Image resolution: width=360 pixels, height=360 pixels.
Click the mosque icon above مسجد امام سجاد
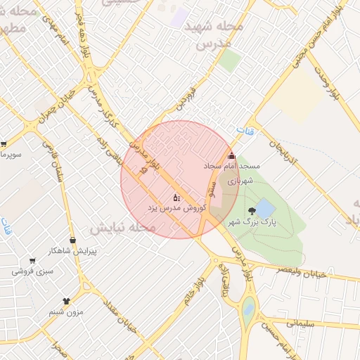coord(232,155)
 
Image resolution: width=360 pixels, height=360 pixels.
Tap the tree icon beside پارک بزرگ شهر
coord(252,211)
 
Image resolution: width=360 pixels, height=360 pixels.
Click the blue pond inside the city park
coord(264,208)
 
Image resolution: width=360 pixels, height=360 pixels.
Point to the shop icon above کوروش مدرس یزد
coord(176,198)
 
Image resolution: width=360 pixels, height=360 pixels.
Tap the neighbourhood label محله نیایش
coord(122,229)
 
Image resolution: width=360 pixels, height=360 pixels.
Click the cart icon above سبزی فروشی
coord(32,260)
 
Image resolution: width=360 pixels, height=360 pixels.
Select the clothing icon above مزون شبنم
coord(67,301)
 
